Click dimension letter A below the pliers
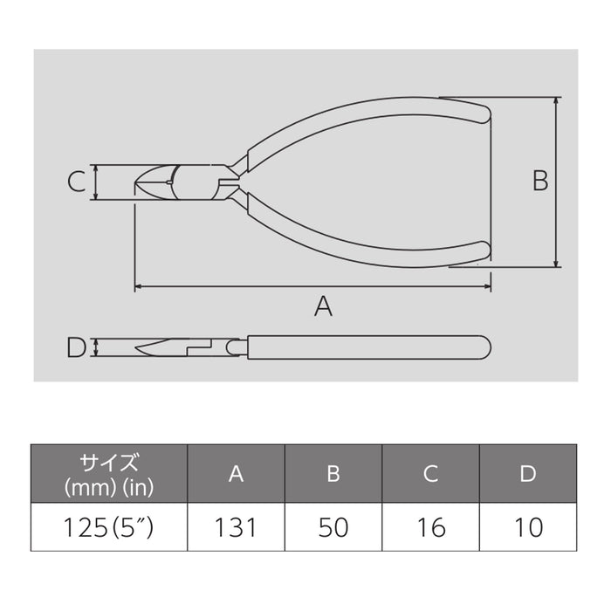click(x=324, y=306)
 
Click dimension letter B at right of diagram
click(x=540, y=181)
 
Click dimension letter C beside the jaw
click(x=76, y=182)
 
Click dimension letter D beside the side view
click(x=76, y=348)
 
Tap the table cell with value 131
click(x=236, y=527)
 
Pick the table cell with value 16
click(x=430, y=527)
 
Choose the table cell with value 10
click(x=528, y=527)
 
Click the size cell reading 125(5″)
click(x=109, y=527)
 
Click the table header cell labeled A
click(x=236, y=474)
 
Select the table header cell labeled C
click(x=430, y=474)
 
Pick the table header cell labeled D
click(x=528, y=474)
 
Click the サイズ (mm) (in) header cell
click(x=109, y=474)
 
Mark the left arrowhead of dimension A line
click(x=137, y=285)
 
